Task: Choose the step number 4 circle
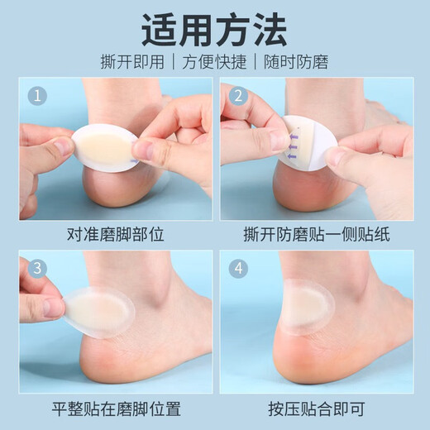[239, 268]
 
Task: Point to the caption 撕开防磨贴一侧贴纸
[316, 233]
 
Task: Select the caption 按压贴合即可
[316, 407]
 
